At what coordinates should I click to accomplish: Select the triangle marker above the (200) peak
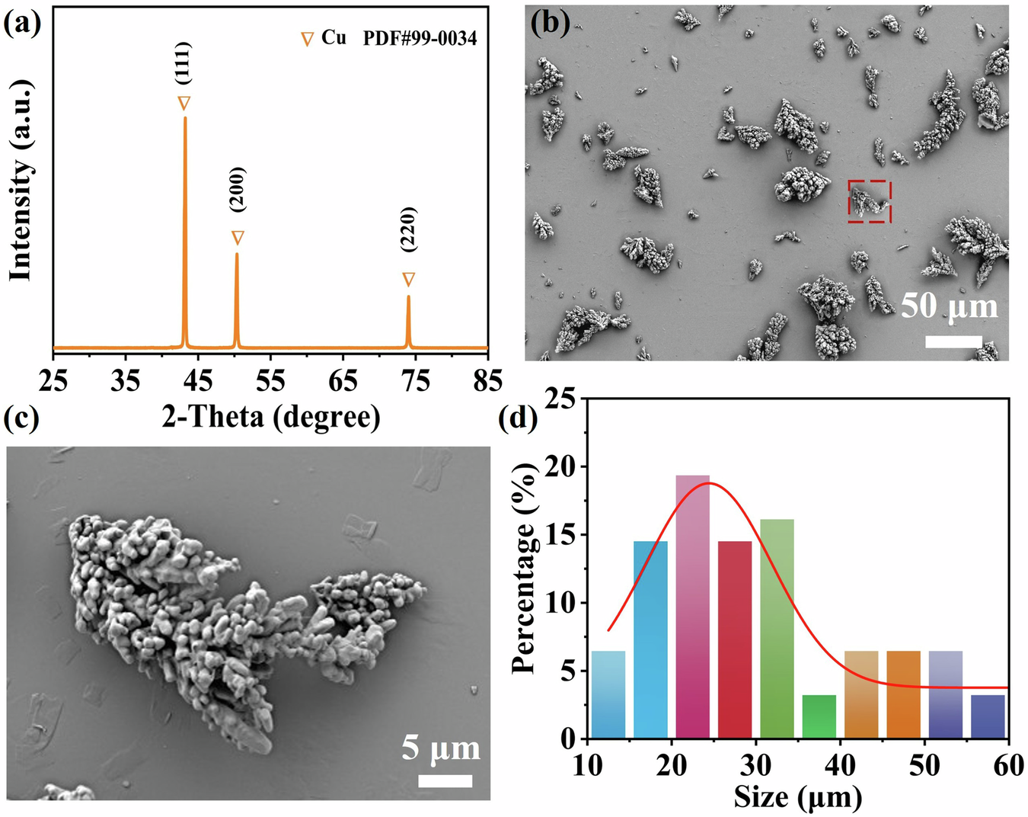click(238, 238)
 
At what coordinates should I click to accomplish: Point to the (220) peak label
click(408, 229)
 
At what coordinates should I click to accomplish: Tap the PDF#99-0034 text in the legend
click(420, 38)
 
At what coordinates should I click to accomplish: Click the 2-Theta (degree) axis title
click(270, 416)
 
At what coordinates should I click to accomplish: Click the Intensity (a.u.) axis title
click(21, 180)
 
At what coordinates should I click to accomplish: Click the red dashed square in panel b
click(869, 202)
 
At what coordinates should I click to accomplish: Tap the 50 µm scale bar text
click(949, 306)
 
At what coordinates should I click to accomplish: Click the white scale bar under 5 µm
click(445, 780)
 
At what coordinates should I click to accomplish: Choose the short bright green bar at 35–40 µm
click(819, 716)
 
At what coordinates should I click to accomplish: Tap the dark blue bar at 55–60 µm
click(988, 716)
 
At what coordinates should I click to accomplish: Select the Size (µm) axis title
click(797, 797)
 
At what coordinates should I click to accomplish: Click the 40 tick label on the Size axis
click(840, 765)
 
